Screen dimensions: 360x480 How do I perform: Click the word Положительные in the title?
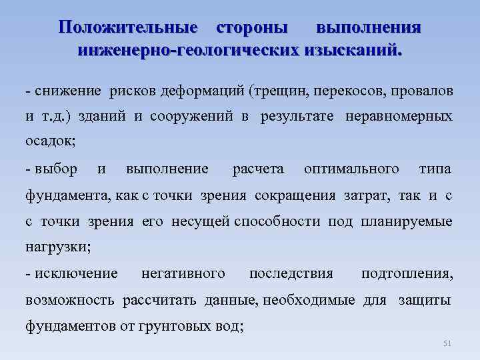tap(127, 28)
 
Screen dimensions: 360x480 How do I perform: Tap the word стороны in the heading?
tap(253, 28)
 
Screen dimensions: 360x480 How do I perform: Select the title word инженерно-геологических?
tap(188, 50)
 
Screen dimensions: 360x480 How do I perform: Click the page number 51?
tap(447, 343)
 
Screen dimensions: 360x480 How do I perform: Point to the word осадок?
tap(49, 141)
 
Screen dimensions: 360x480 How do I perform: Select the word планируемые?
tap(406, 221)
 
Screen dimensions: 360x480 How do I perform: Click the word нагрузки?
tap(57, 247)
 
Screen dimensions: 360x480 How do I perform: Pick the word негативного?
tap(183, 274)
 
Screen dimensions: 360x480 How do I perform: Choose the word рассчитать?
tap(160, 300)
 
